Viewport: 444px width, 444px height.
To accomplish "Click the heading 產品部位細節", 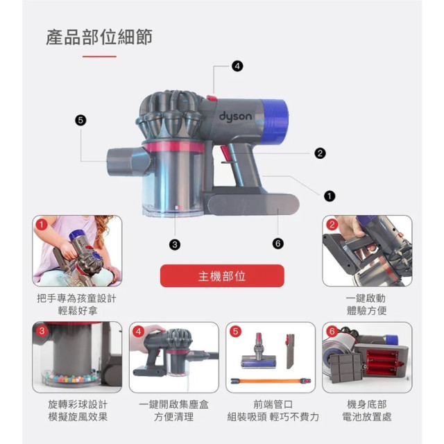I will (99, 37).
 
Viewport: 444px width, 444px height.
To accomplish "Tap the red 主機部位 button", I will (222, 276).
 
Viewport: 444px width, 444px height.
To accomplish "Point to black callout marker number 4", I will (238, 67).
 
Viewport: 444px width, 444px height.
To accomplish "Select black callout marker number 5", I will (80, 120).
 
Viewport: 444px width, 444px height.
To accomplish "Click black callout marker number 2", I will (320, 153).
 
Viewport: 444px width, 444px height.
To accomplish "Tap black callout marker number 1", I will (330, 196).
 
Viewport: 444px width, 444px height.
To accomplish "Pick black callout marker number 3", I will (175, 244).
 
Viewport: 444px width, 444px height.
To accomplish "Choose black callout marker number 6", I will (278, 244).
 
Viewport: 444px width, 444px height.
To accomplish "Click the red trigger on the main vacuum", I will (225, 153).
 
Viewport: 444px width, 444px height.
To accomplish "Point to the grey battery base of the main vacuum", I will (253, 205).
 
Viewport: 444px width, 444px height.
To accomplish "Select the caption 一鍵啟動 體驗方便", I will (366, 304).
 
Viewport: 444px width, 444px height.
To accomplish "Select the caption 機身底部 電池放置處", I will (366, 411).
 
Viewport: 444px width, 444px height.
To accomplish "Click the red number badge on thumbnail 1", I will (42, 225).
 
